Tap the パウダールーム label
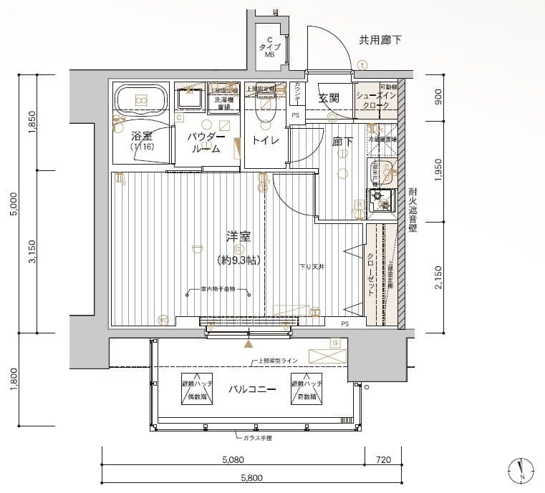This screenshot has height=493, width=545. [206, 142]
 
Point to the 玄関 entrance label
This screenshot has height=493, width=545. [329, 99]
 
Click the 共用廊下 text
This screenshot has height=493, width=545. [380, 40]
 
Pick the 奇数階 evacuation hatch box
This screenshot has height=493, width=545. [307, 387]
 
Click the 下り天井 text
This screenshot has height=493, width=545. [312, 267]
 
